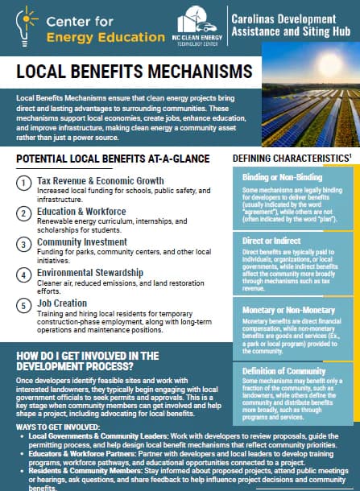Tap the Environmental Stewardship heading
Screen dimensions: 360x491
[89, 273]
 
